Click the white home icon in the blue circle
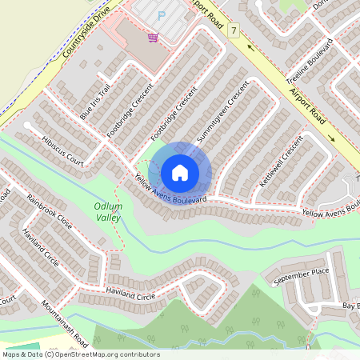coord(180,172)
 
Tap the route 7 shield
coord(234,30)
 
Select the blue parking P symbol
coord(162,14)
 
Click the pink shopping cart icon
coord(152,37)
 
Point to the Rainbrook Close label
coord(49,211)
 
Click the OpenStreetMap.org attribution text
coord(104,354)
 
